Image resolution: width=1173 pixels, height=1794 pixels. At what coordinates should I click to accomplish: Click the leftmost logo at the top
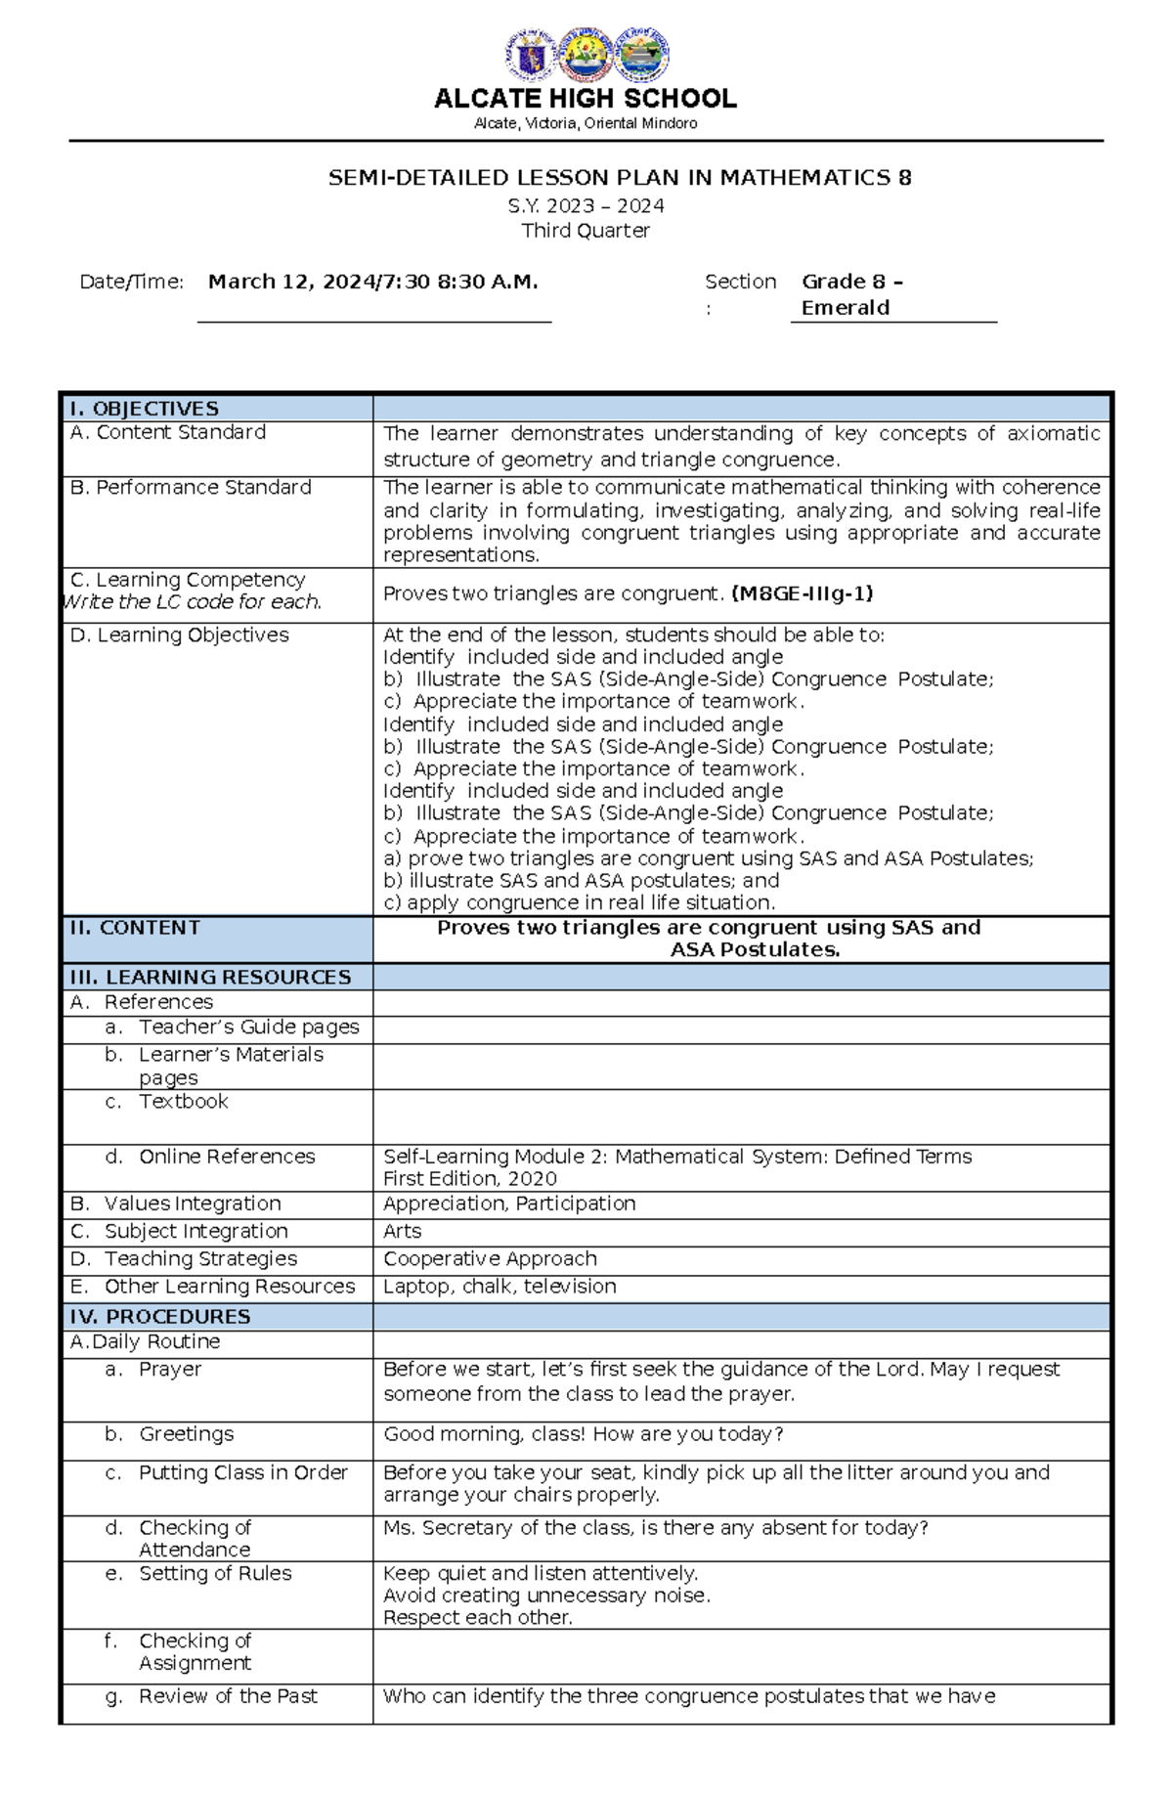pyautogui.click(x=531, y=56)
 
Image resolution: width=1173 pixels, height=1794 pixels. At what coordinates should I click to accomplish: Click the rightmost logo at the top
pyautogui.click(x=641, y=56)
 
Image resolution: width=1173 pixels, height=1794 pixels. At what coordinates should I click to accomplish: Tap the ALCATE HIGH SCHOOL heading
pyautogui.click(x=585, y=99)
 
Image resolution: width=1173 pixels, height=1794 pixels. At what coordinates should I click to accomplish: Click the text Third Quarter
pyautogui.click(x=585, y=231)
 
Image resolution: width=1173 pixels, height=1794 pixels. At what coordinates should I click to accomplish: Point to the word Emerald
pyautogui.click(x=845, y=308)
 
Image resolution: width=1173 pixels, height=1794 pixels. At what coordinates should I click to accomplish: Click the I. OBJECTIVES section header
pyautogui.click(x=144, y=409)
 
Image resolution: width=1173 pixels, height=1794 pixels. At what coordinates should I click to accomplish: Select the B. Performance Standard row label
pyautogui.click(x=191, y=487)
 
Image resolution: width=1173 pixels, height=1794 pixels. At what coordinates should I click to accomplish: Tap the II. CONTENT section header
pyautogui.click(x=135, y=928)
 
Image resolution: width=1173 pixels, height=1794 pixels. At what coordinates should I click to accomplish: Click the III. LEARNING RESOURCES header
pyautogui.click(x=210, y=977)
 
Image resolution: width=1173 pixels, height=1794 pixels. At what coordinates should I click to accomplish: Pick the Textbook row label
pyautogui.click(x=183, y=1102)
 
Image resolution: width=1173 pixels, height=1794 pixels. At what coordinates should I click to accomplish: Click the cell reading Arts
pyautogui.click(x=402, y=1231)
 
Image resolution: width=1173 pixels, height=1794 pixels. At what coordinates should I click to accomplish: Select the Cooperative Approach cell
pyautogui.click(x=490, y=1259)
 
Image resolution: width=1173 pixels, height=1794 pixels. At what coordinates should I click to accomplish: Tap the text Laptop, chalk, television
pyautogui.click(x=500, y=1287)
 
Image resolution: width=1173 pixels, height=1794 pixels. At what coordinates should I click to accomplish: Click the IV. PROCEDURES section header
pyautogui.click(x=160, y=1316)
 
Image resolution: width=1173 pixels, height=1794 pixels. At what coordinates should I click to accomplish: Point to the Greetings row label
pyautogui.click(x=186, y=1434)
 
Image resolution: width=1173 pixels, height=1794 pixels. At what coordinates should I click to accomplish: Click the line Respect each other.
pyautogui.click(x=477, y=1618)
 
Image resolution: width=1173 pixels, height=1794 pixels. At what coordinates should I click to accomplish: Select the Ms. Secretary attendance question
pyautogui.click(x=655, y=1528)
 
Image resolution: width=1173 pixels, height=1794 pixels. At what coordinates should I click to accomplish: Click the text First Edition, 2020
pyautogui.click(x=469, y=1179)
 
